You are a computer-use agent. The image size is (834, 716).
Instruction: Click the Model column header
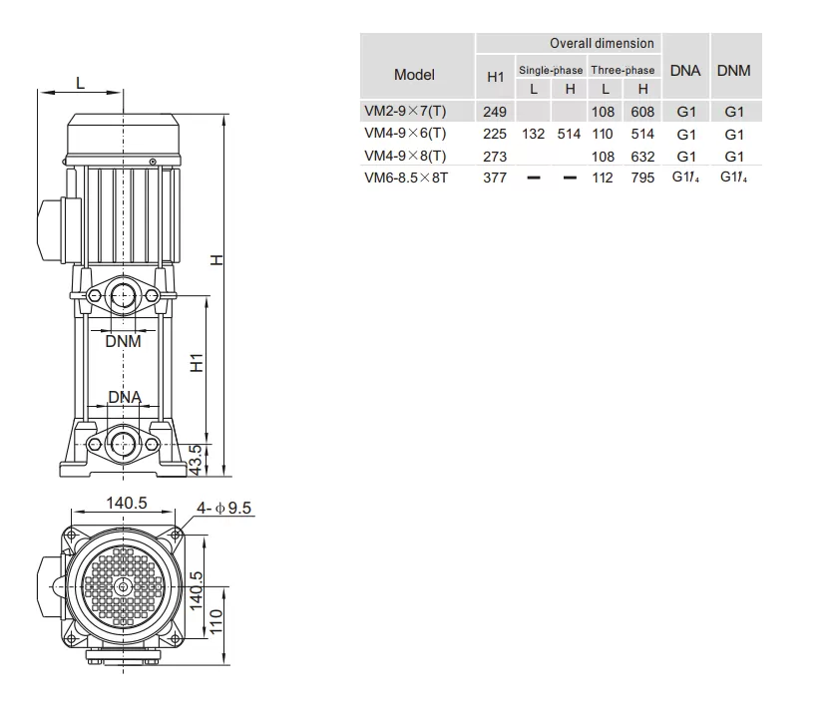pos(414,75)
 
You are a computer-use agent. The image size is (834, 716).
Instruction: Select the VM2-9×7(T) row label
pos(405,111)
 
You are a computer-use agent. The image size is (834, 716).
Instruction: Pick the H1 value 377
pos(495,178)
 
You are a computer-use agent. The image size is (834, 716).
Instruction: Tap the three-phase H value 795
pos(642,178)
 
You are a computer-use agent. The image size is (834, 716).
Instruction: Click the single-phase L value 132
pos(533,134)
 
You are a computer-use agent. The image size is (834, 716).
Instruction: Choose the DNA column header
pos(685,71)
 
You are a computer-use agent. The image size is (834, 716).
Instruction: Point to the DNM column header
pos(733,71)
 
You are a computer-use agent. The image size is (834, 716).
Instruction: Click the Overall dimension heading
pos(602,44)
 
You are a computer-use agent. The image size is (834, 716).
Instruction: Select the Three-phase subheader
pos(623,70)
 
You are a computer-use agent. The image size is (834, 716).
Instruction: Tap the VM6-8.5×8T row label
pos(406,178)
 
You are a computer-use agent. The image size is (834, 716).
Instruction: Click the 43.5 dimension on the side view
pos(197,461)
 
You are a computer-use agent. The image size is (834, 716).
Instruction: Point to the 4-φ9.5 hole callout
pos(223,509)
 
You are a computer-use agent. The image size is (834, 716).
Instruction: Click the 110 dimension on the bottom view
pos(215,622)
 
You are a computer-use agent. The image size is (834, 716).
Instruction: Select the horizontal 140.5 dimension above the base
pos(127,503)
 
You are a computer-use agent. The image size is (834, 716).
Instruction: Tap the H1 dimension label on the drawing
pos(197,363)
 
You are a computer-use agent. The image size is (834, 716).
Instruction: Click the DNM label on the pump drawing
pos(124,342)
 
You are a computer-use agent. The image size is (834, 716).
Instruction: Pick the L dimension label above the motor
pos(81,83)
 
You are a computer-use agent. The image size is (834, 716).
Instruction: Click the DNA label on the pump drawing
pos(125,397)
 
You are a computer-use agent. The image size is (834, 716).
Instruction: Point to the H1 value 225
pos(495,134)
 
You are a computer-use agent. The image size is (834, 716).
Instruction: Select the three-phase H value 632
pos(642,157)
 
